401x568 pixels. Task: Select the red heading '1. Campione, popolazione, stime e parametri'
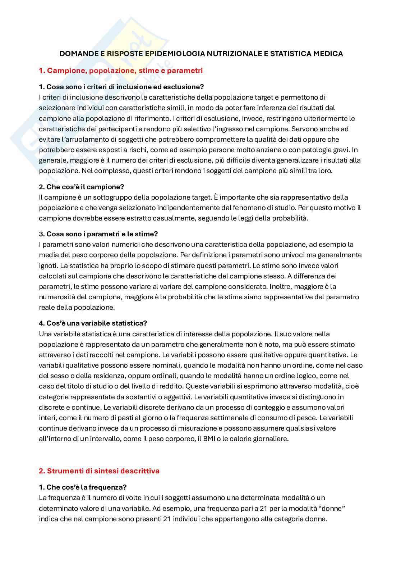(x=121, y=71)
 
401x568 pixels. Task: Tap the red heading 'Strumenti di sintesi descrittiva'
(x=103, y=471)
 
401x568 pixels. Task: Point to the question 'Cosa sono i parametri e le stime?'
(x=98, y=234)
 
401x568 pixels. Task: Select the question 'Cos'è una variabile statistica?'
(x=93, y=323)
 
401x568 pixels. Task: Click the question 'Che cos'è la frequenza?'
(x=83, y=487)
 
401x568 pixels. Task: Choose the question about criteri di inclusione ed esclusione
(x=121, y=87)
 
